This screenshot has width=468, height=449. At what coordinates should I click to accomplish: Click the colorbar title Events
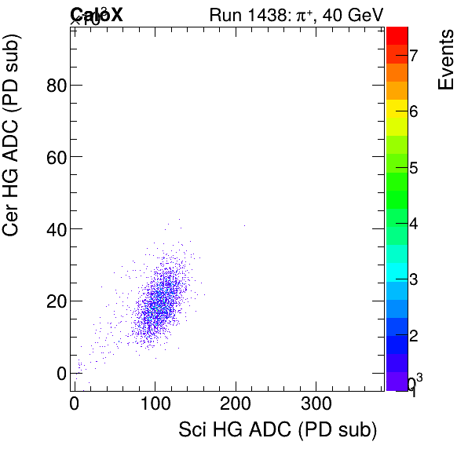(x=446, y=60)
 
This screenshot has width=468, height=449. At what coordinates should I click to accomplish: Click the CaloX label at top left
(x=96, y=13)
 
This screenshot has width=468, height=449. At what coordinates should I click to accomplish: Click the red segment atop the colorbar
(x=397, y=35)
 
